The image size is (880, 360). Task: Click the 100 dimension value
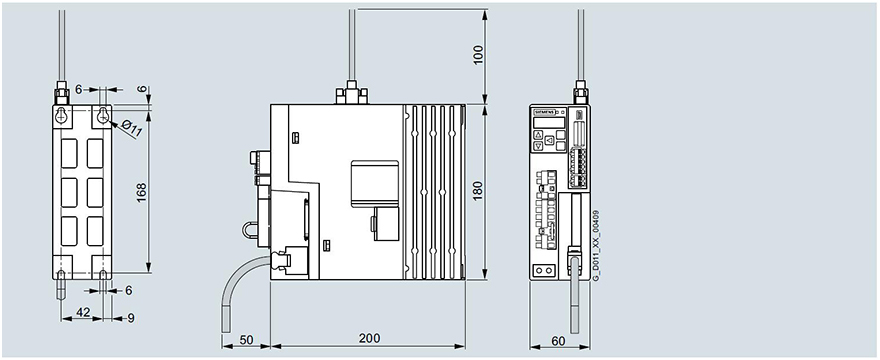click(x=477, y=53)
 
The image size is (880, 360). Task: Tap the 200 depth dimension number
click(x=368, y=339)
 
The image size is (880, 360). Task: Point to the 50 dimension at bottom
click(x=246, y=339)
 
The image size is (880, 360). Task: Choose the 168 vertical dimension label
click(x=142, y=190)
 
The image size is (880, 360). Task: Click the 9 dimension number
click(x=131, y=318)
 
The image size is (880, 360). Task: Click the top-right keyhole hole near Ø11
click(x=102, y=117)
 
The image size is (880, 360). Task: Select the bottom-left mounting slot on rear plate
click(x=62, y=274)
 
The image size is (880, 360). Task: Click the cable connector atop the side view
click(x=352, y=94)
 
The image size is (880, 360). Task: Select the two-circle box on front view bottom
click(x=543, y=271)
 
